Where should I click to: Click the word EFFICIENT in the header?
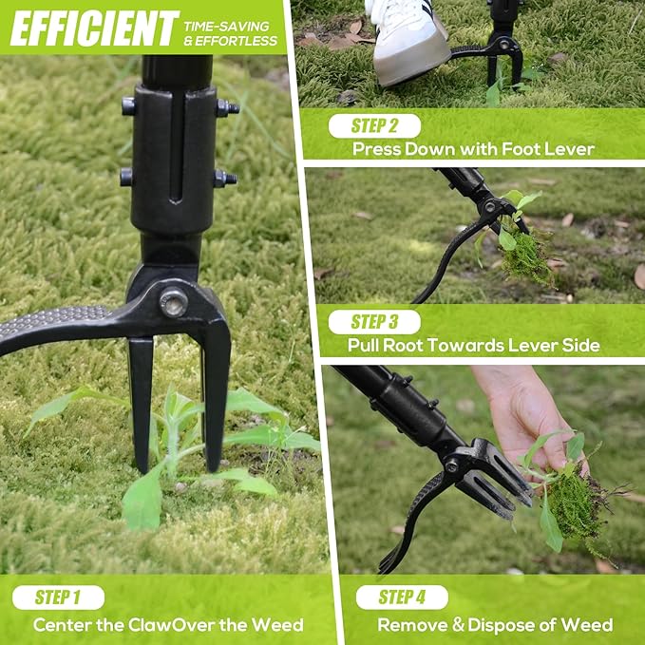tap(94, 28)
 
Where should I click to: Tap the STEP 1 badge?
tap(58, 598)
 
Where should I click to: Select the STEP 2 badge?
tap(373, 126)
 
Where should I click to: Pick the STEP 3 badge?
tap(373, 321)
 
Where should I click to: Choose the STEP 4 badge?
tap(401, 597)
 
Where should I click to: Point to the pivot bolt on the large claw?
tap(173, 303)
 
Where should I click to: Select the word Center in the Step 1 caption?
tap(62, 625)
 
